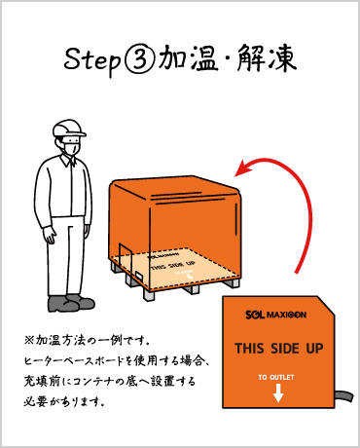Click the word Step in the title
tap(91, 60)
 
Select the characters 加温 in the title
tap(188, 58)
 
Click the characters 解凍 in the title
tap(267, 58)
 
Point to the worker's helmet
tap(69, 129)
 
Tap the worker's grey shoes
tap(71, 303)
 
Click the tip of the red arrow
tap(235, 175)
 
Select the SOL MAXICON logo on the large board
tap(275, 315)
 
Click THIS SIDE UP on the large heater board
tap(279, 349)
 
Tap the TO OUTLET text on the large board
tap(276, 378)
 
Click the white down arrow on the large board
tap(278, 392)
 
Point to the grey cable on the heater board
tap(343, 397)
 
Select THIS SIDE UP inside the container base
tap(172, 266)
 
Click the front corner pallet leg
tap(149, 294)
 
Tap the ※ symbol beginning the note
tap(29, 340)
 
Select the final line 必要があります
tap(64, 401)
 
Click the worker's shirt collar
tap(69, 160)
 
